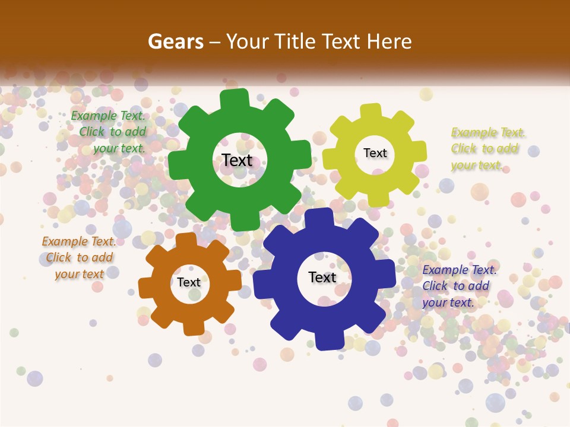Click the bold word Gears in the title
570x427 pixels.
[x=175, y=42]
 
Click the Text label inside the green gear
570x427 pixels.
[x=237, y=161]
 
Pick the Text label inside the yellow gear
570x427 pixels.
[x=375, y=153]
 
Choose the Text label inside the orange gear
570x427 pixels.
[x=189, y=283]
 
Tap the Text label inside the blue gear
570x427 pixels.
[x=322, y=278]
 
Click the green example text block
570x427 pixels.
[x=109, y=132]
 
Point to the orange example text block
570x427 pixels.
[x=79, y=258]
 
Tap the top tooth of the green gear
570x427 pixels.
[x=235, y=99]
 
